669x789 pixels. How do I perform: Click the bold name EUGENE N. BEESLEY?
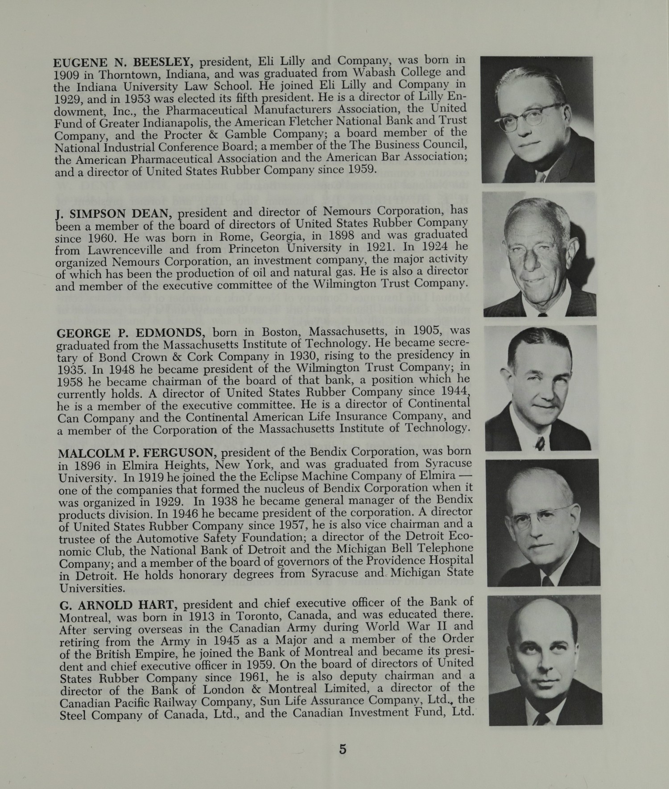[123, 63]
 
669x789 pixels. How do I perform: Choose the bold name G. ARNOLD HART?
[119, 605]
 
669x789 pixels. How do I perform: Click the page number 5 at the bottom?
[343, 749]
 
